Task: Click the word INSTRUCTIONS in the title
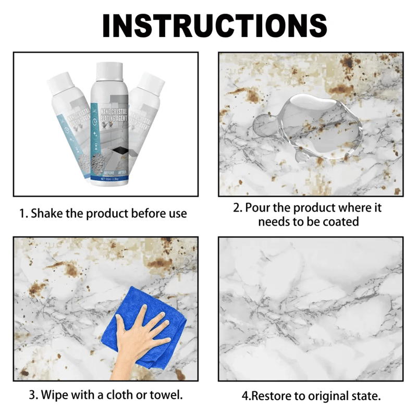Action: [x=214, y=25]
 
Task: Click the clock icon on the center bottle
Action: [x=94, y=118]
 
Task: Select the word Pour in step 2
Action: [x=257, y=208]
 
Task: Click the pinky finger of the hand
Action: [x=165, y=326]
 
